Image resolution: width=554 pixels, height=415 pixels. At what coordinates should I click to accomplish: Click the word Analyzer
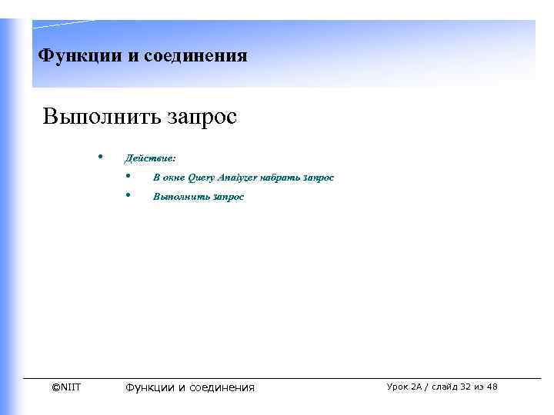point(239,178)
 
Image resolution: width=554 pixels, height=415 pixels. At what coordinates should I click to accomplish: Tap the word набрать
point(281,178)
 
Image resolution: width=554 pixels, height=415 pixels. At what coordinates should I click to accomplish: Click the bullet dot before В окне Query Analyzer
point(127,177)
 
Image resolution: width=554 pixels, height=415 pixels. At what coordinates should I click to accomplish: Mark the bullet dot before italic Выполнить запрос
point(127,196)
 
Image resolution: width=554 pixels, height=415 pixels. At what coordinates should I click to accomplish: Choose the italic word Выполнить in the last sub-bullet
point(175,197)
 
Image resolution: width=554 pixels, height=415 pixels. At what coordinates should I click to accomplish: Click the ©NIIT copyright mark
point(66,387)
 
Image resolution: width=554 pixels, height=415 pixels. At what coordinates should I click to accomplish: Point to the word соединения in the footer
point(222,387)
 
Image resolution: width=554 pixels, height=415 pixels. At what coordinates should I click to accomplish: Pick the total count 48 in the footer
point(492,387)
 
